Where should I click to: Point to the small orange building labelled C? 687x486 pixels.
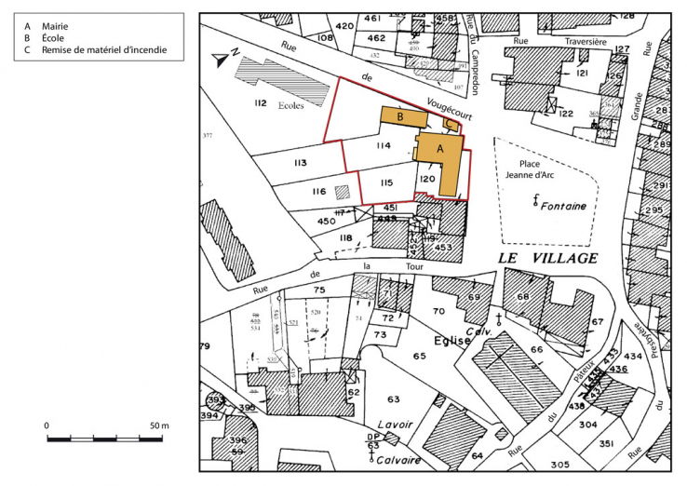coord(449,122)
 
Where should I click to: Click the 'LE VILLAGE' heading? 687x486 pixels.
coord(548,258)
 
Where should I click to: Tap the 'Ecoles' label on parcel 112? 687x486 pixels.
coord(291,105)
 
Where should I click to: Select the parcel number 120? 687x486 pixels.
coord(427,178)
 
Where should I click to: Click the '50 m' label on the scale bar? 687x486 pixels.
coord(158,425)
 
